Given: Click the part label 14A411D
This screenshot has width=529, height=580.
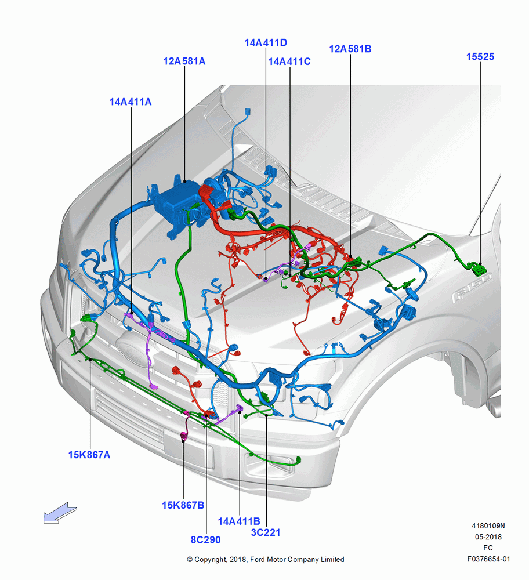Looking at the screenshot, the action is pos(266,42).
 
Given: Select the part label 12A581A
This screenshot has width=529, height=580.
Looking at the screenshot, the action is pos(184,61).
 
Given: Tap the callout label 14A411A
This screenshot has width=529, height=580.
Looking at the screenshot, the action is pos(130,101).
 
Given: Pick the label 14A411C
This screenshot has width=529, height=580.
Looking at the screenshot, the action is pos(289,61).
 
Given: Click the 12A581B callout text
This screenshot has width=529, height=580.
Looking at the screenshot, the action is pos(350,49).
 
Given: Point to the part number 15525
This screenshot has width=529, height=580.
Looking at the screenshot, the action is pos(480,57).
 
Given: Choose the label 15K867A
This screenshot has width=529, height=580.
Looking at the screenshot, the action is pos(89,455).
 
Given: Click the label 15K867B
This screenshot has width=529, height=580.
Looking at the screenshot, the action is pos(183,505).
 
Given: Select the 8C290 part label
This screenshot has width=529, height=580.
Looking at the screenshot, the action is pos(206,539).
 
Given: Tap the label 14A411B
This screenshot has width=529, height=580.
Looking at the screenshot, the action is pos(239,521).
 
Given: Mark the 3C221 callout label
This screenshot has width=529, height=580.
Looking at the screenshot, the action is pos(266,532).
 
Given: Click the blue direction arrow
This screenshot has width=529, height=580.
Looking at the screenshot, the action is pos(60,513).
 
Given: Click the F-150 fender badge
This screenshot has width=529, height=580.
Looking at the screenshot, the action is pos(472,287).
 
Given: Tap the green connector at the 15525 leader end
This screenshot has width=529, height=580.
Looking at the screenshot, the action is pos(479,269).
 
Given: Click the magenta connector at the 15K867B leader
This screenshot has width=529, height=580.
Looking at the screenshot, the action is pos(184,436).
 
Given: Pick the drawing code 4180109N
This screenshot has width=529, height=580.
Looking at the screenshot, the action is pos(488,525).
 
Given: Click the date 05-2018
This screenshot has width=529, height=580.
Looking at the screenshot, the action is pos(488,536).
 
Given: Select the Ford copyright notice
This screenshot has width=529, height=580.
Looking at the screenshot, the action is pos(266,559).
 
